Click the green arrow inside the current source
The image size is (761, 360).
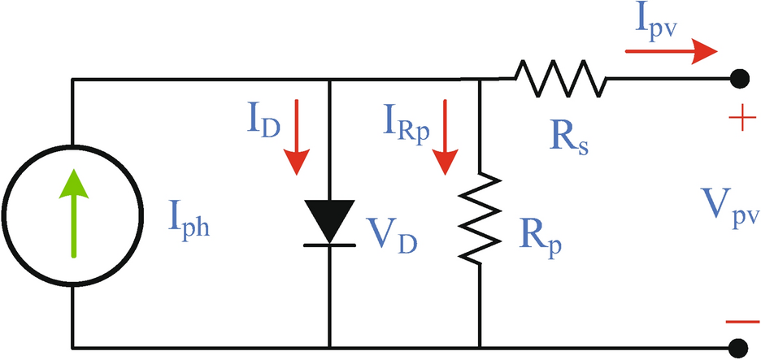[75, 213]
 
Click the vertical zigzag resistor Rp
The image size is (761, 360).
[481, 216]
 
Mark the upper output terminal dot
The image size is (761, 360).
[739, 79]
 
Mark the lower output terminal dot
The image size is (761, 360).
[739, 347]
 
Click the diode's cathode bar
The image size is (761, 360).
[328, 242]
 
